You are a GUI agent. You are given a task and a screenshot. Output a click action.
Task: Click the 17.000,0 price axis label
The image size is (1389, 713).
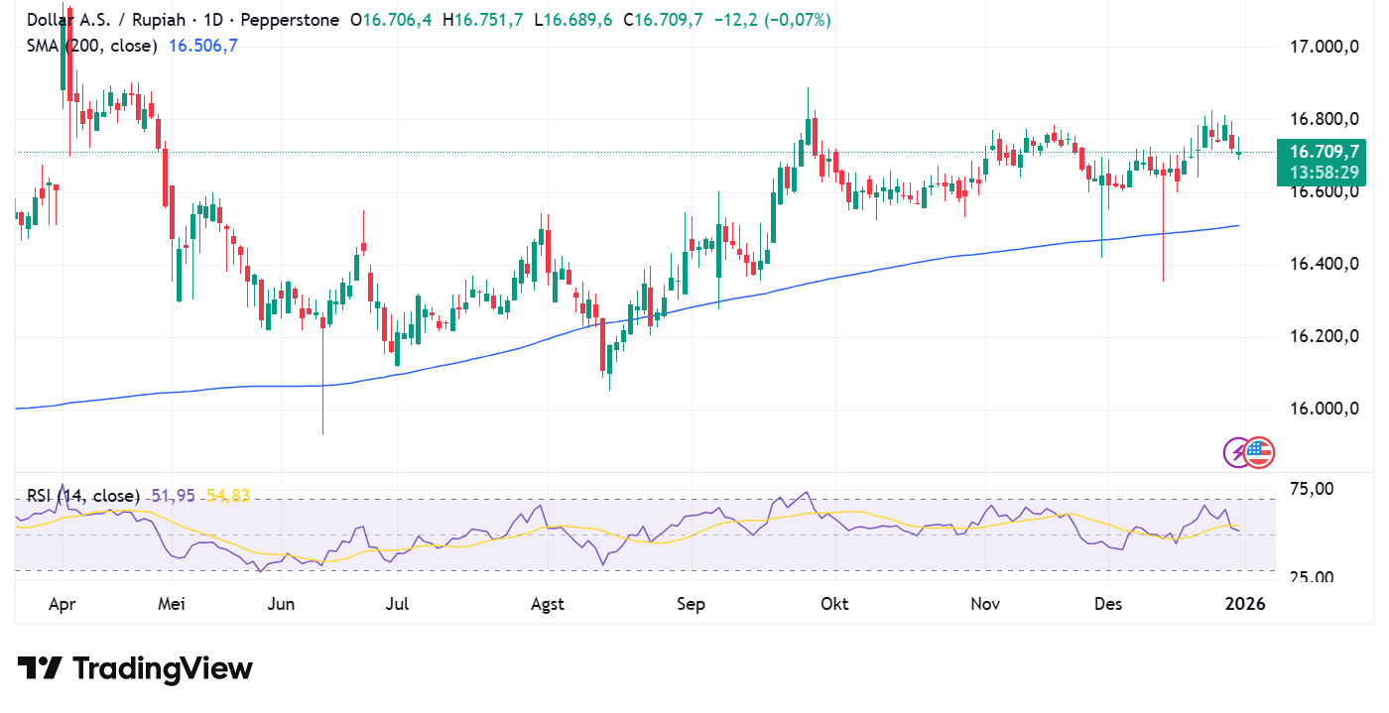tap(1322, 47)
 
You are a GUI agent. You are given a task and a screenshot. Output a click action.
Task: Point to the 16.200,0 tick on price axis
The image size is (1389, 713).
tap(1322, 336)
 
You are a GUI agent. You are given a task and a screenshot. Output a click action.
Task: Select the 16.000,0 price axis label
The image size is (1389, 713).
tap(1322, 409)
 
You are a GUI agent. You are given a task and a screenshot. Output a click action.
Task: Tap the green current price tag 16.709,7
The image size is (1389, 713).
tap(1324, 152)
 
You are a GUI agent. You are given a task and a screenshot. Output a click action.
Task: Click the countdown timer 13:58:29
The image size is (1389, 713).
tap(1324, 173)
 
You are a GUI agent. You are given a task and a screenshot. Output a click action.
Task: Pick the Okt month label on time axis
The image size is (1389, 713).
tap(833, 604)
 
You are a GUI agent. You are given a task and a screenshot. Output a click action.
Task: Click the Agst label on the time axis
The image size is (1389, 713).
tap(548, 604)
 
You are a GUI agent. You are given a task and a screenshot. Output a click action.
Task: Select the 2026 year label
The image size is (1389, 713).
tap(1244, 604)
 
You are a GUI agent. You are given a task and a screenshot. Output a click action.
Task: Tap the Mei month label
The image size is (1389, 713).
tap(172, 604)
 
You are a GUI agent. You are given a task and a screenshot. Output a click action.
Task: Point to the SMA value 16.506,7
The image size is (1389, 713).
tap(203, 46)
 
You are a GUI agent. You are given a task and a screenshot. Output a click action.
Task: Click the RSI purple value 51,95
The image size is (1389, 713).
tap(173, 494)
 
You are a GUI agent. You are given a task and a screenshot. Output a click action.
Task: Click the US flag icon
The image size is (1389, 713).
tap(1259, 452)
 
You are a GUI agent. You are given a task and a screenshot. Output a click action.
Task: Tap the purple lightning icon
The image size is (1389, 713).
tap(1236, 453)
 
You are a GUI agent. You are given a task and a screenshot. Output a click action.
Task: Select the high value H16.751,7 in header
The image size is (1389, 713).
tap(483, 20)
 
